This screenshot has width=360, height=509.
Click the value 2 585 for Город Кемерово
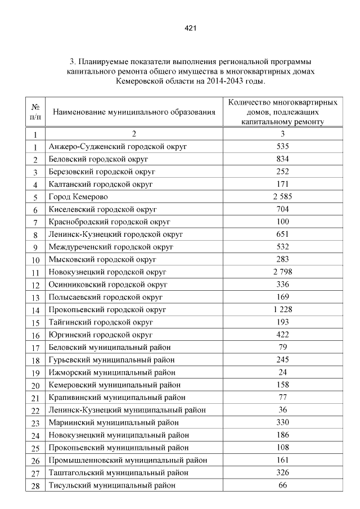[x=283, y=196]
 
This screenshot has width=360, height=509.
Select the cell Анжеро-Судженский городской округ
[x=118, y=147]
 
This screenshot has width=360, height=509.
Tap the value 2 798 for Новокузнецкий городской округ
[x=283, y=272]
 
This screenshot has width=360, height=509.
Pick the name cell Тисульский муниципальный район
[x=112, y=485]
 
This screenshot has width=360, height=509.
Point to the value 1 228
[x=283, y=309]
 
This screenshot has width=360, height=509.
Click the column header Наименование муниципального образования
[x=134, y=112]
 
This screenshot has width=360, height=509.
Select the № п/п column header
[x=35, y=112]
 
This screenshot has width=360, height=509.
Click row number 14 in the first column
[x=35, y=310]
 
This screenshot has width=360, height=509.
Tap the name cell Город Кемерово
[x=78, y=197]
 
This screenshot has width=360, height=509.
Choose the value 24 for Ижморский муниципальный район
[x=283, y=372]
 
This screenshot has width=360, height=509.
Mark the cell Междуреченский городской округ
[x=111, y=247]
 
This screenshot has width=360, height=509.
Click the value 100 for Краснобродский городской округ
[x=283, y=222]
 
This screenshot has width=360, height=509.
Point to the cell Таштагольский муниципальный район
[x=118, y=472]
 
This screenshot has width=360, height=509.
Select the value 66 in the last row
[x=283, y=485]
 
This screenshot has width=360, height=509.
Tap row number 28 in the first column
[x=35, y=486]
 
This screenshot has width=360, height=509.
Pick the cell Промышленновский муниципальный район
[x=126, y=460]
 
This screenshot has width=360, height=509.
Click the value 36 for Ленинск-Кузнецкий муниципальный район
[x=283, y=409]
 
